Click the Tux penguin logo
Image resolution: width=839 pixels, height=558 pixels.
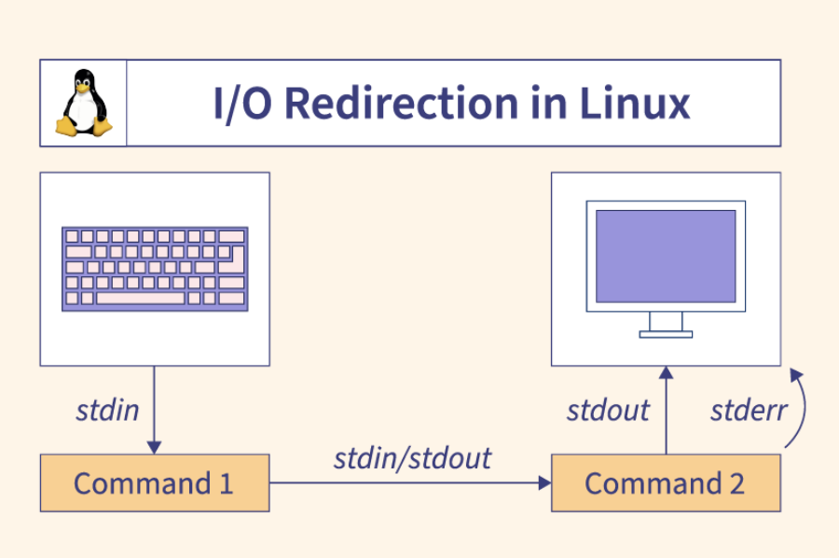83,103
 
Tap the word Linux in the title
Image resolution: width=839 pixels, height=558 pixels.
635,104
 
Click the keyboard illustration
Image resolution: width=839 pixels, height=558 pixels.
155,269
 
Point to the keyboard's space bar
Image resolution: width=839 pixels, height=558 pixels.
140,299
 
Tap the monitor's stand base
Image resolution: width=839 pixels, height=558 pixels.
666,333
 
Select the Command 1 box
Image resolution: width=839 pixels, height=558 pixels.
155,483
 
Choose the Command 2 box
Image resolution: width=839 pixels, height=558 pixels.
666,483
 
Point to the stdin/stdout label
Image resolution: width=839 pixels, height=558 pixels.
412,458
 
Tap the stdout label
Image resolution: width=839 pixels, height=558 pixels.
608,410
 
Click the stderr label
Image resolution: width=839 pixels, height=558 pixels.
749,410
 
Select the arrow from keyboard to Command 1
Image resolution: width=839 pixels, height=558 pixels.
155,411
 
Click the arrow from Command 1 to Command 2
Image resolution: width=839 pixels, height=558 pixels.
410,482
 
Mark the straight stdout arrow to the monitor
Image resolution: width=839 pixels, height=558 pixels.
666,411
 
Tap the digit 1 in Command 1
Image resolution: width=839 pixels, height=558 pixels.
225,483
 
